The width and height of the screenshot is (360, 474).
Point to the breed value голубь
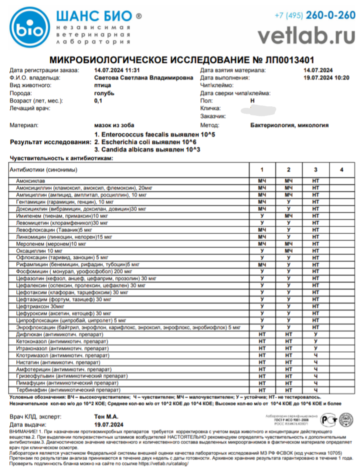pos(104,93)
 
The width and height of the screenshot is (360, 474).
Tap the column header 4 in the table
pos(341,170)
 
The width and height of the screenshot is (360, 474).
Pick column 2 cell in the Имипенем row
pos(288,215)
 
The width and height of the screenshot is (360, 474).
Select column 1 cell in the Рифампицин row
pos(261,264)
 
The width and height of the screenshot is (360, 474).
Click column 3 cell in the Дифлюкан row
pos(315,334)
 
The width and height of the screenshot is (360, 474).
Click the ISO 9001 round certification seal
pos(345,420)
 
